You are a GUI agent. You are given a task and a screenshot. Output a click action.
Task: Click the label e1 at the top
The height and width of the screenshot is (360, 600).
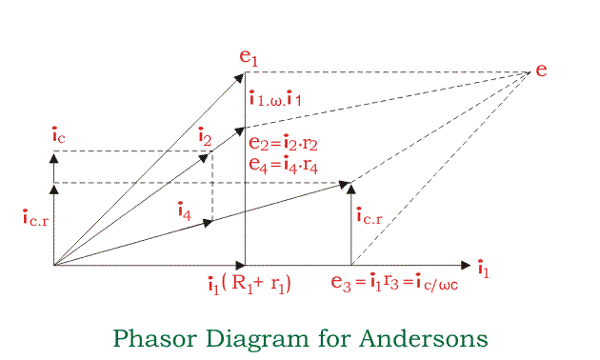[x=249, y=57]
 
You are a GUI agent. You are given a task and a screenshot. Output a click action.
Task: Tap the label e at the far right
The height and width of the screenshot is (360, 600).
[x=541, y=70]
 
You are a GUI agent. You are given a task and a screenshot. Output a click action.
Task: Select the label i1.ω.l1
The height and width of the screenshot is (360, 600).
[x=276, y=97]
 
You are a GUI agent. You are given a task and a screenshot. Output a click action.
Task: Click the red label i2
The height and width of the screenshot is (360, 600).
[x=204, y=137]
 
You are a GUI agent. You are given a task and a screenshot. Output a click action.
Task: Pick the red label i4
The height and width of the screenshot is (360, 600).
[x=184, y=210]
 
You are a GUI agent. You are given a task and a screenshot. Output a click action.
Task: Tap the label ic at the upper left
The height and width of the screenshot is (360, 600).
[x=58, y=135]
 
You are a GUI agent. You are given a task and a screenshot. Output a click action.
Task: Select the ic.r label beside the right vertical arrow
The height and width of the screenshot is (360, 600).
[x=370, y=217]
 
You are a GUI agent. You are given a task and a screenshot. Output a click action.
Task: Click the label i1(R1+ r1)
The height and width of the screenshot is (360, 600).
[x=249, y=284]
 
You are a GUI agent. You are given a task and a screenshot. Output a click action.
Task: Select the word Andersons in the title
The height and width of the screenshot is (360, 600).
[x=431, y=338]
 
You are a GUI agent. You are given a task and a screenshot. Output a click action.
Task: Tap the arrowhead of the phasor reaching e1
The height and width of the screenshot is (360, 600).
[x=242, y=75]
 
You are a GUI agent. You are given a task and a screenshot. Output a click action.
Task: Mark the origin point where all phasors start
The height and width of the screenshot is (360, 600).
[x=54, y=265]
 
